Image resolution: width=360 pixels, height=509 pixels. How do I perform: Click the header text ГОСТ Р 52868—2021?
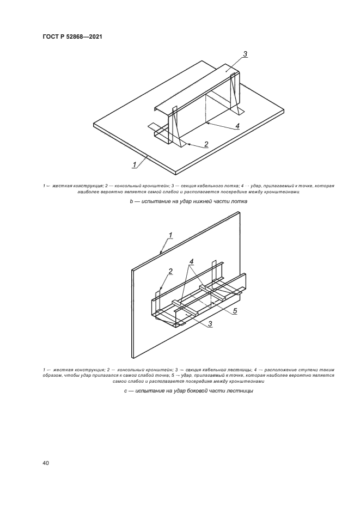[72, 37]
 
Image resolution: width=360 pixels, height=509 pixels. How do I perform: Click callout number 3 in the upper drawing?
[245, 54]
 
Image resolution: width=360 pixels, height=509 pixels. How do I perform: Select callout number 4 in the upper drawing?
[237, 126]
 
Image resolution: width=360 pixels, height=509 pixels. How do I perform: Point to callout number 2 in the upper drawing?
[206, 144]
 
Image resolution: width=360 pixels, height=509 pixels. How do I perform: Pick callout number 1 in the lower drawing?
[170, 235]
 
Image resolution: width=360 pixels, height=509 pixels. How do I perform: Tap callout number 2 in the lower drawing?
[170, 271]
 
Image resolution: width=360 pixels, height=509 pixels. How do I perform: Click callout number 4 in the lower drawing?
[192, 261]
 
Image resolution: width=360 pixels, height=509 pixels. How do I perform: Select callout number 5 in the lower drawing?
[235, 311]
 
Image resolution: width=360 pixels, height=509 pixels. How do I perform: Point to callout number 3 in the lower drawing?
[210, 323]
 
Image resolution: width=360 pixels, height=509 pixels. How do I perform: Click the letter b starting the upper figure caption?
[131, 201]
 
